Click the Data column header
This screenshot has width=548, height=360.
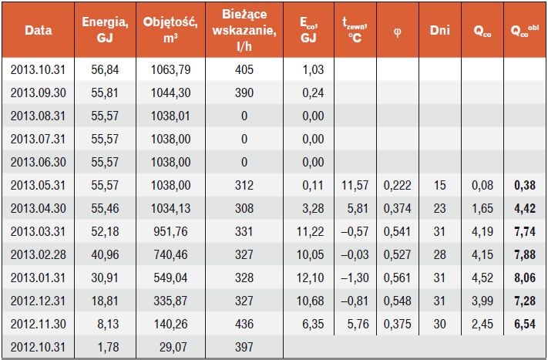pyautogui.click(x=38, y=30)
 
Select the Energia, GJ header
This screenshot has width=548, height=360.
pyautogui.click(x=105, y=29)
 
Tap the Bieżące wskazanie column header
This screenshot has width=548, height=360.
pyautogui.click(x=244, y=30)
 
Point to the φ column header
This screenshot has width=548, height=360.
pyautogui.click(x=398, y=32)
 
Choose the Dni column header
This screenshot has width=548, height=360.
pyautogui.click(x=439, y=30)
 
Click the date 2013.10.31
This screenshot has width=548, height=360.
pyautogui.click(x=38, y=69)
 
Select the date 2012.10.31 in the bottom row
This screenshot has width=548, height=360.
pyautogui.click(x=38, y=347)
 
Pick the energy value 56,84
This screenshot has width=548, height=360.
pyautogui.click(x=105, y=69)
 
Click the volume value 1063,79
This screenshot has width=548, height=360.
pyautogui.click(x=170, y=69)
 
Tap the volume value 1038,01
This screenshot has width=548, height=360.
pyautogui.click(x=170, y=116)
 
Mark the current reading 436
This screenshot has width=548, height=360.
pyautogui.click(x=244, y=324)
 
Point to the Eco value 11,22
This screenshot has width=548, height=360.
pyautogui.click(x=310, y=231)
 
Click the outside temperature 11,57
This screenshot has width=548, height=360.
pyautogui.click(x=355, y=185)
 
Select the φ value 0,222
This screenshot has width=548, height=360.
pyautogui.click(x=398, y=185)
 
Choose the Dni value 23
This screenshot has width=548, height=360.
pyautogui.click(x=439, y=208)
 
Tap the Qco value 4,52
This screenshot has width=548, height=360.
pyautogui.click(x=482, y=278)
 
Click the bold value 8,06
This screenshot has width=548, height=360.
pyautogui.click(x=525, y=278)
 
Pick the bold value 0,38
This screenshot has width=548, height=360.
pyautogui.click(x=525, y=185)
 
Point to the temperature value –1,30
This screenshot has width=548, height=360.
pyautogui.click(x=355, y=278)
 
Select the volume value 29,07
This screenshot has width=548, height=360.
pyautogui.click(x=173, y=347)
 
